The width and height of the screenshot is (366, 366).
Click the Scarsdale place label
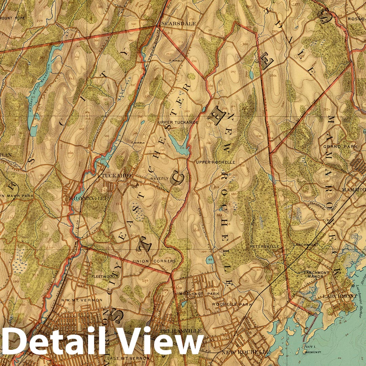point(174,24)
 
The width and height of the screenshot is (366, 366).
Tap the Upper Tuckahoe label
point(178,122)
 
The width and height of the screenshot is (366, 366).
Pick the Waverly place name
point(159,178)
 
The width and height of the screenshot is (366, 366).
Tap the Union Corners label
point(154,261)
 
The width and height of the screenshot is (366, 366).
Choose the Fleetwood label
point(103,277)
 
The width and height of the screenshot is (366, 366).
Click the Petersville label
point(265,246)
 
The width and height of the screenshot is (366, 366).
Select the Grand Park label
point(336,146)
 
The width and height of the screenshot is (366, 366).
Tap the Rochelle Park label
point(232,304)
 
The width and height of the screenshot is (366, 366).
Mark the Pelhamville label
point(187,330)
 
